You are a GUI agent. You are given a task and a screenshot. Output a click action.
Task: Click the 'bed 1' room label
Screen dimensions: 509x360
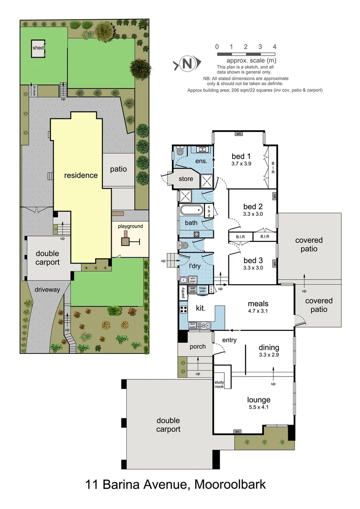pyautogui.click(x=241, y=156)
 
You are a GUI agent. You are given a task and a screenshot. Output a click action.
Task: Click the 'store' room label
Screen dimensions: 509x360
pyautogui.click(x=186, y=179)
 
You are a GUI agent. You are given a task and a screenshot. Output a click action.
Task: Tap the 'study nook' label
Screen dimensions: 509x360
pyautogui.click(x=220, y=385)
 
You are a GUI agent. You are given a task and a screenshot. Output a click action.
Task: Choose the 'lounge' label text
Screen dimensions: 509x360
pyautogui.click(x=258, y=400)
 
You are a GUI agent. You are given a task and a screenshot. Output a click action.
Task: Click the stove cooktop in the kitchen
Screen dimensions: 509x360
pyautogui.click(x=183, y=310)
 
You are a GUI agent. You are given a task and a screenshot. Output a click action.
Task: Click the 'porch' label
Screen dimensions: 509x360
pyautogui.click(x=197, y=346)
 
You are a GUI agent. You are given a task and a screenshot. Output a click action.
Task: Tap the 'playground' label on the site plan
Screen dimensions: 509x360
pyautogui.click(x=130, y=226)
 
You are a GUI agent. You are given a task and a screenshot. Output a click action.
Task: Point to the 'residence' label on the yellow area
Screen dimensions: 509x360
pyautogui.click(x=81, y=175)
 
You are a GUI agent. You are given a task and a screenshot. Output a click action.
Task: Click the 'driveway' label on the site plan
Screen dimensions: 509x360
pyautogui.click(x=47, y=289)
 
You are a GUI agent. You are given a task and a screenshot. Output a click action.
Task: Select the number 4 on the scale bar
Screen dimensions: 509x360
pyautogui.click(x=274, y=47)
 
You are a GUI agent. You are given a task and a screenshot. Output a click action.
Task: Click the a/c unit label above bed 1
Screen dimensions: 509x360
pyautogui.click(x=238, y=134)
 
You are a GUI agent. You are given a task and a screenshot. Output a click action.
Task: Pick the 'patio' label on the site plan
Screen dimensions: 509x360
pyautogui.click(x=118, y=169)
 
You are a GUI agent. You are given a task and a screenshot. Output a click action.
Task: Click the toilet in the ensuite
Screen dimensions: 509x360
pyautogui.click(x=180, y=152)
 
